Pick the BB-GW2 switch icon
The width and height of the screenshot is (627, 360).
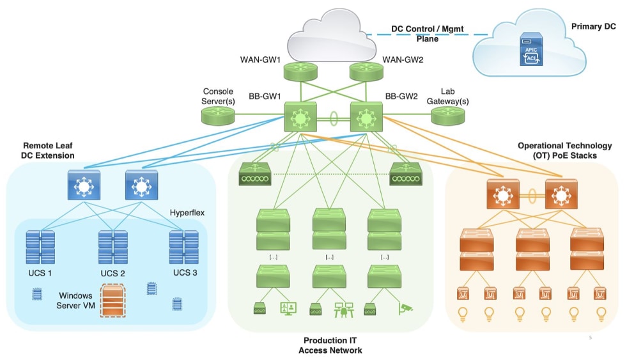(366, 118)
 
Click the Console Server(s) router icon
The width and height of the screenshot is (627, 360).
(218, 116)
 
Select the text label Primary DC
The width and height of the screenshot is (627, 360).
(588, 29)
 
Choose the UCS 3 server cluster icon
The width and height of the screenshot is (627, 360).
(184, 247)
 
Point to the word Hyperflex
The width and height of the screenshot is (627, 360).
(187, 212)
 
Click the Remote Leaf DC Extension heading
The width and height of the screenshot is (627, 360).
(49, 150)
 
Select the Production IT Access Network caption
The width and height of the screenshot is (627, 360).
(330, 345)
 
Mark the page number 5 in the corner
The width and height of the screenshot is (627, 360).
(590, 335)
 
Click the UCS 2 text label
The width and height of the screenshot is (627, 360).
(112, 274)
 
